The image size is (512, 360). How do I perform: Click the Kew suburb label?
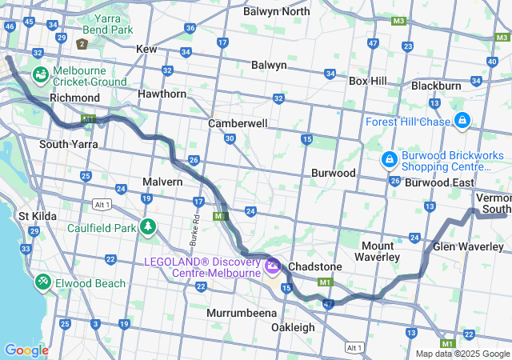[146, 49]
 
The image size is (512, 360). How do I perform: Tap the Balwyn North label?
[276, 11]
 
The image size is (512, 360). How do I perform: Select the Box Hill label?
[368, 81]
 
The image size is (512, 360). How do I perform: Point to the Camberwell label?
[238, 124]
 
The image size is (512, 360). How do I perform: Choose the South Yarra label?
[69, 144]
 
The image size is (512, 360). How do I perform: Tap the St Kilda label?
[35, 216]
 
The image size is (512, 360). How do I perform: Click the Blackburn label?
[436, 86]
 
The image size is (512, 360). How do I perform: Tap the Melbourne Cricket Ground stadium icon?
[40, 74]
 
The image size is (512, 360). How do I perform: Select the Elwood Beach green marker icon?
[42, 283]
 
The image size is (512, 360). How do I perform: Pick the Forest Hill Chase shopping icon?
[462, 121]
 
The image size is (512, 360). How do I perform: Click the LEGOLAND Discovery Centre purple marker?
[273, 263]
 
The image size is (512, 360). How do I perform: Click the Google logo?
[26, 350]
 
